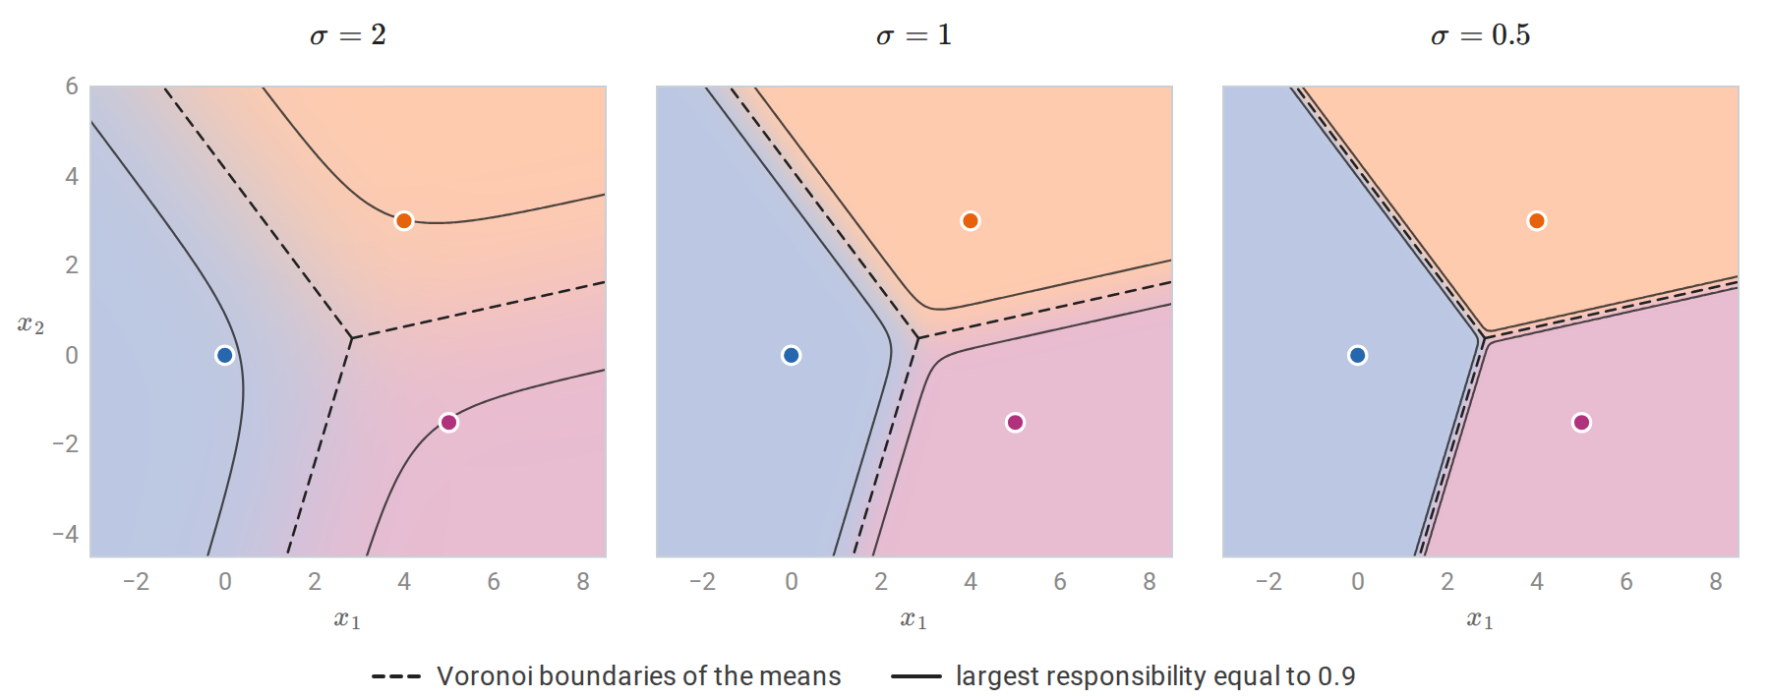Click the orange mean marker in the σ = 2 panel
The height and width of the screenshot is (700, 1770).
[403, 220]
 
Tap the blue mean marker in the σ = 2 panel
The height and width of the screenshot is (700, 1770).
[224, 355]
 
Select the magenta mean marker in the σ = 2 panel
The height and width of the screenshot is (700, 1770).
[448, 423]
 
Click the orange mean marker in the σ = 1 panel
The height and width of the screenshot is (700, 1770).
[970, 220]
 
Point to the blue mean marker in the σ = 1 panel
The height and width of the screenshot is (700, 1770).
[791, 355]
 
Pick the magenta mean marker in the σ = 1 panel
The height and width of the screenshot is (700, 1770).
[1015, 423]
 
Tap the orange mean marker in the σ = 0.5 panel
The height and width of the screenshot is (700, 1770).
[1536, 220]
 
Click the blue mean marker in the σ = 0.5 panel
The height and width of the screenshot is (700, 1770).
[1357, 355]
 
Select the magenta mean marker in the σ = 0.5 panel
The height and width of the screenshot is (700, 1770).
[1581, 423]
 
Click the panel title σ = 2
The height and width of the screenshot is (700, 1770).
[348, 35]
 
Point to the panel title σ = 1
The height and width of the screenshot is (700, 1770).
[914, 35]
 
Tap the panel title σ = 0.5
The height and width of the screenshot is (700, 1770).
[1481, 35]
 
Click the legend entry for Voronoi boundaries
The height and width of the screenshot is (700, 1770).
[606, 676]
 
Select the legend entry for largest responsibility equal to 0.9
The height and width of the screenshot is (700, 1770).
[1123, 676]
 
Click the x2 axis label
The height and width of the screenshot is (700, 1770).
[30, 325]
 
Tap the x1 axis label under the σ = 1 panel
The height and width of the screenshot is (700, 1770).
[914, 619]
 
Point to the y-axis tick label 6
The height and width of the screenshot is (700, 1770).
[72, 87]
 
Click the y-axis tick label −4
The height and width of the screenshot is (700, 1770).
[65, 534]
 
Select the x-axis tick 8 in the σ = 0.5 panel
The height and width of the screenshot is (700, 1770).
[1715, 582]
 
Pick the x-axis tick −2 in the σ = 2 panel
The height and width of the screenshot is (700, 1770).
[136, 582]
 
